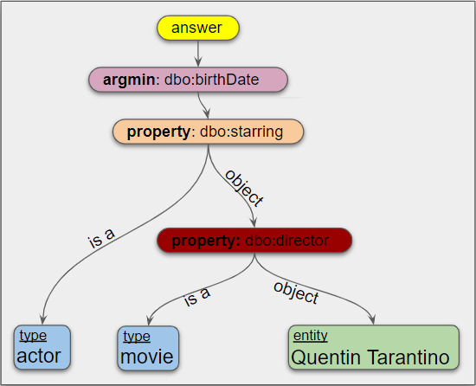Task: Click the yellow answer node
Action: (x=197, y=28)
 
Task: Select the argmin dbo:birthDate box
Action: (x=187, y=80)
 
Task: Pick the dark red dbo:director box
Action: (x=254, y=241)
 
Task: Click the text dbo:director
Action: (x=294, y=241)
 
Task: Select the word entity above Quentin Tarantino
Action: (x=311, y=336)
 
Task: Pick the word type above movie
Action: (x=136, y=336)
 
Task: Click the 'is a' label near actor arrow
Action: (x=102, y=237)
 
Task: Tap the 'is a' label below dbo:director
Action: (x=197, y=297)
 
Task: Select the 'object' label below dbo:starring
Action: (x=243, y=187)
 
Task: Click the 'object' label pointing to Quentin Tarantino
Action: (x=296, y=292)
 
